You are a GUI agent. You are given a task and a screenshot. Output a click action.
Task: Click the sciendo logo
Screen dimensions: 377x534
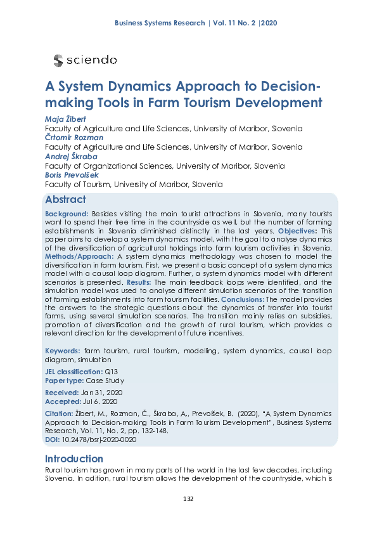pyautogui.click(x=86, y=60)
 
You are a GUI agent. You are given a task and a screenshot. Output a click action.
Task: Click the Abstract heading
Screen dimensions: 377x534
pyautogui.click(x=65, y=199)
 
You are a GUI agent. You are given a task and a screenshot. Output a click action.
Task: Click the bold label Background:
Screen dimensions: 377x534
pyautogui.click(x=67, y=214)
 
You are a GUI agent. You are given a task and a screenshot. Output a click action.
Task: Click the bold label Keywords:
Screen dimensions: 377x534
pyautogui.click(x=62, y=351)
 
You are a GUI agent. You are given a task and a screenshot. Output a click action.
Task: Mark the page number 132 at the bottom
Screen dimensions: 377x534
pyautogui.click(x=188, y=498)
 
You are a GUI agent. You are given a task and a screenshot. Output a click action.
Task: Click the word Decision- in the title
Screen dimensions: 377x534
pyautogui.click(x=278, y=86)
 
